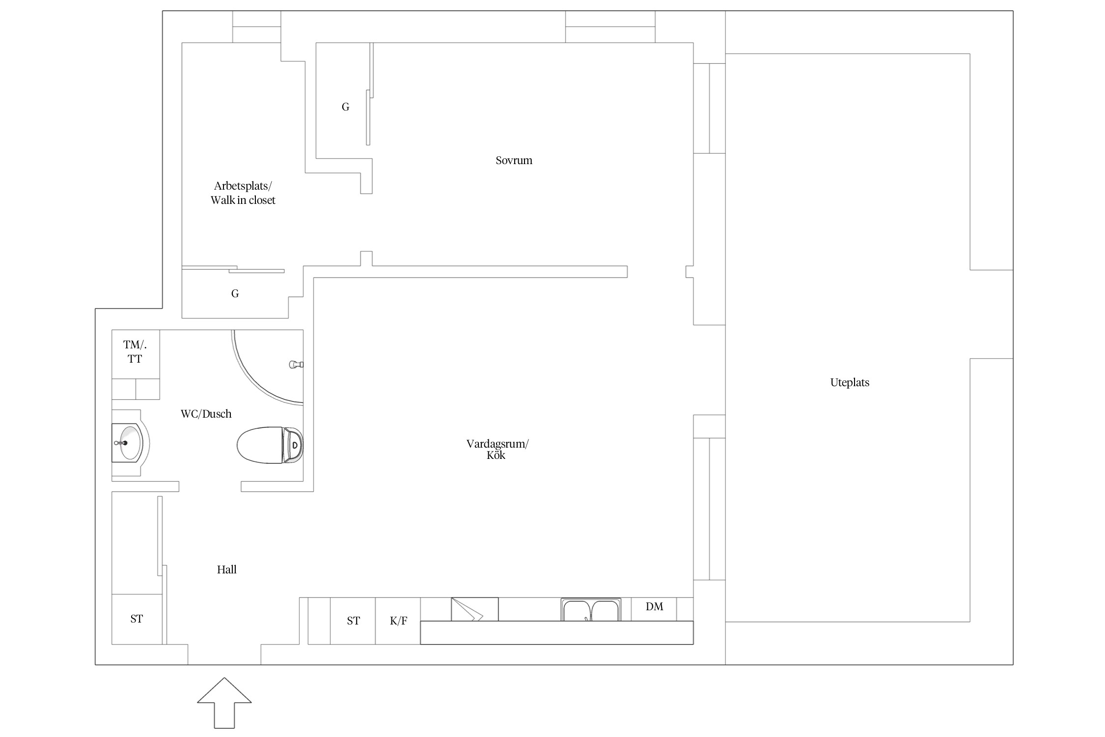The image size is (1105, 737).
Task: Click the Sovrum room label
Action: click(514, 160)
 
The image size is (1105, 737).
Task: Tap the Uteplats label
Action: click(850, 382)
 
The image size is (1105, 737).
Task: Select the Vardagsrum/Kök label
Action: click(497, 449)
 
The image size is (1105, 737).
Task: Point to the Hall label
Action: click(227, 569)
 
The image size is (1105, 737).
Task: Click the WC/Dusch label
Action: click(206, 414)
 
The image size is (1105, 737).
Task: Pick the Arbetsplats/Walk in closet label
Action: click(243, 193)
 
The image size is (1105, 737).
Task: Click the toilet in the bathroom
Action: click(270, 445)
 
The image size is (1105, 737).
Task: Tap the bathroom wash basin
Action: click(129, 443)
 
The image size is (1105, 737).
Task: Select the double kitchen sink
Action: click(591, 609)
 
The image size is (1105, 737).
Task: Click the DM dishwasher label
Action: click(654, 607)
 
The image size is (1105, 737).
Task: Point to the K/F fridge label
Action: click(398, 621)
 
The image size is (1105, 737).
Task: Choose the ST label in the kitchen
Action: click(353, 621)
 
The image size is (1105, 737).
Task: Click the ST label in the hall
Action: click(137, 619)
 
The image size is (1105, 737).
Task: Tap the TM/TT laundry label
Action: click(135, 352)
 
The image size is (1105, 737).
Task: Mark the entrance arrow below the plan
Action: click(224, 703)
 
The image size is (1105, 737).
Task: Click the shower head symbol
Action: click(296, 365)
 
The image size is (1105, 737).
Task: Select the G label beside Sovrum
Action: click(346, 107)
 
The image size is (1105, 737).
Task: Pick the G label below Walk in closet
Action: click(235, 293)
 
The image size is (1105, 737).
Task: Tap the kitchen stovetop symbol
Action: click(474, 609)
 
